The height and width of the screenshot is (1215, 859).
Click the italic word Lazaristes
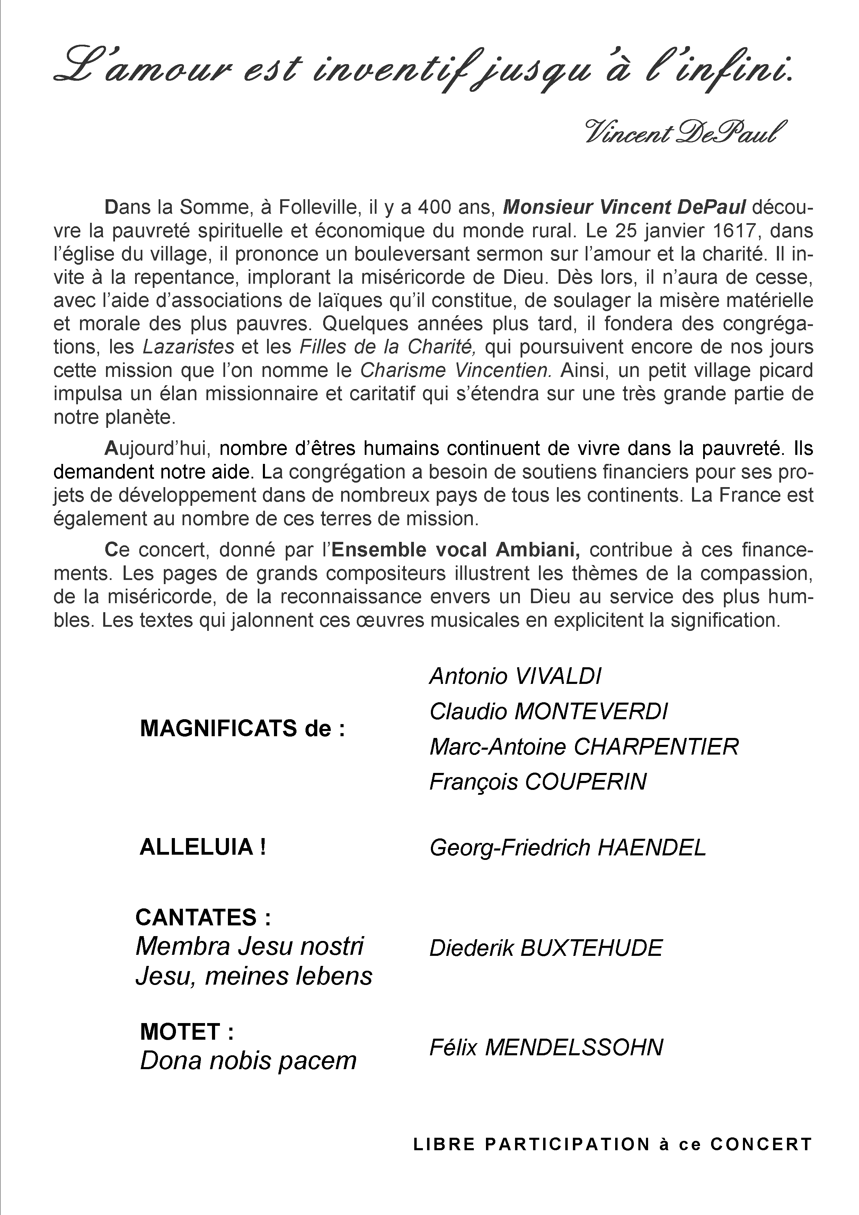(188, 346)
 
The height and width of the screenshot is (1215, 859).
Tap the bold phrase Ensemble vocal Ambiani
(455, 550)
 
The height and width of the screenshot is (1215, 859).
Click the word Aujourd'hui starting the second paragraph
(158, 448)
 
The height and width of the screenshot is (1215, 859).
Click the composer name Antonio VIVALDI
(515, 676)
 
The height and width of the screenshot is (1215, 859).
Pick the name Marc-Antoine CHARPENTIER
(583, 747)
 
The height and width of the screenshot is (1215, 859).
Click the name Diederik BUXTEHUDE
(545, 948)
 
